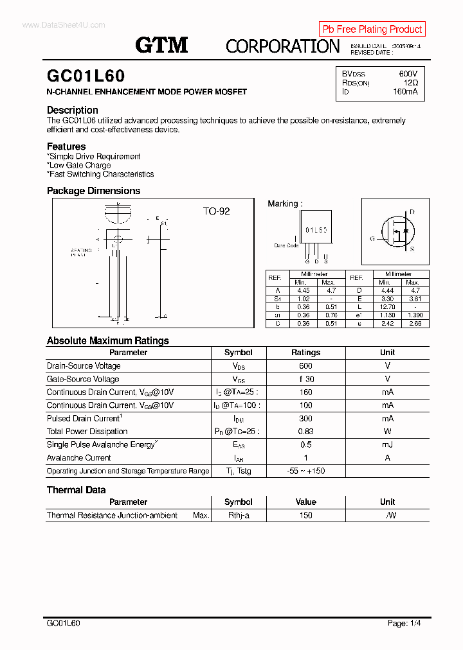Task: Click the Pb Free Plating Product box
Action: [372, 29]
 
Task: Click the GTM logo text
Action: [161, 45]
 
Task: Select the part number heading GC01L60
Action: [86, 76]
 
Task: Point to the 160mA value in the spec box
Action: [405, 92]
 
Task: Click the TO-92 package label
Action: [216, 211]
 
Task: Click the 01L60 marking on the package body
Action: [316, 229]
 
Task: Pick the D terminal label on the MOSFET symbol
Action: [412, 212]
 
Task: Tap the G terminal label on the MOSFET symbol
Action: [372, 238]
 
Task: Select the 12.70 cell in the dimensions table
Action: [385, 307]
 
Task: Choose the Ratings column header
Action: [305, 353]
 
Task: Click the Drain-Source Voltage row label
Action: [84, 366]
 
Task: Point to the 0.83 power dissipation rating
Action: [305, 432]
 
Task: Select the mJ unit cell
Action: [387, 444]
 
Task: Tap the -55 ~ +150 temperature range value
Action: [305, 471]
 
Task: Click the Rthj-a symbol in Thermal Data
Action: [238, 515]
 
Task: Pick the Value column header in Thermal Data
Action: [305, 502]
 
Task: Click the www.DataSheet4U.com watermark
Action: [63, 25]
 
